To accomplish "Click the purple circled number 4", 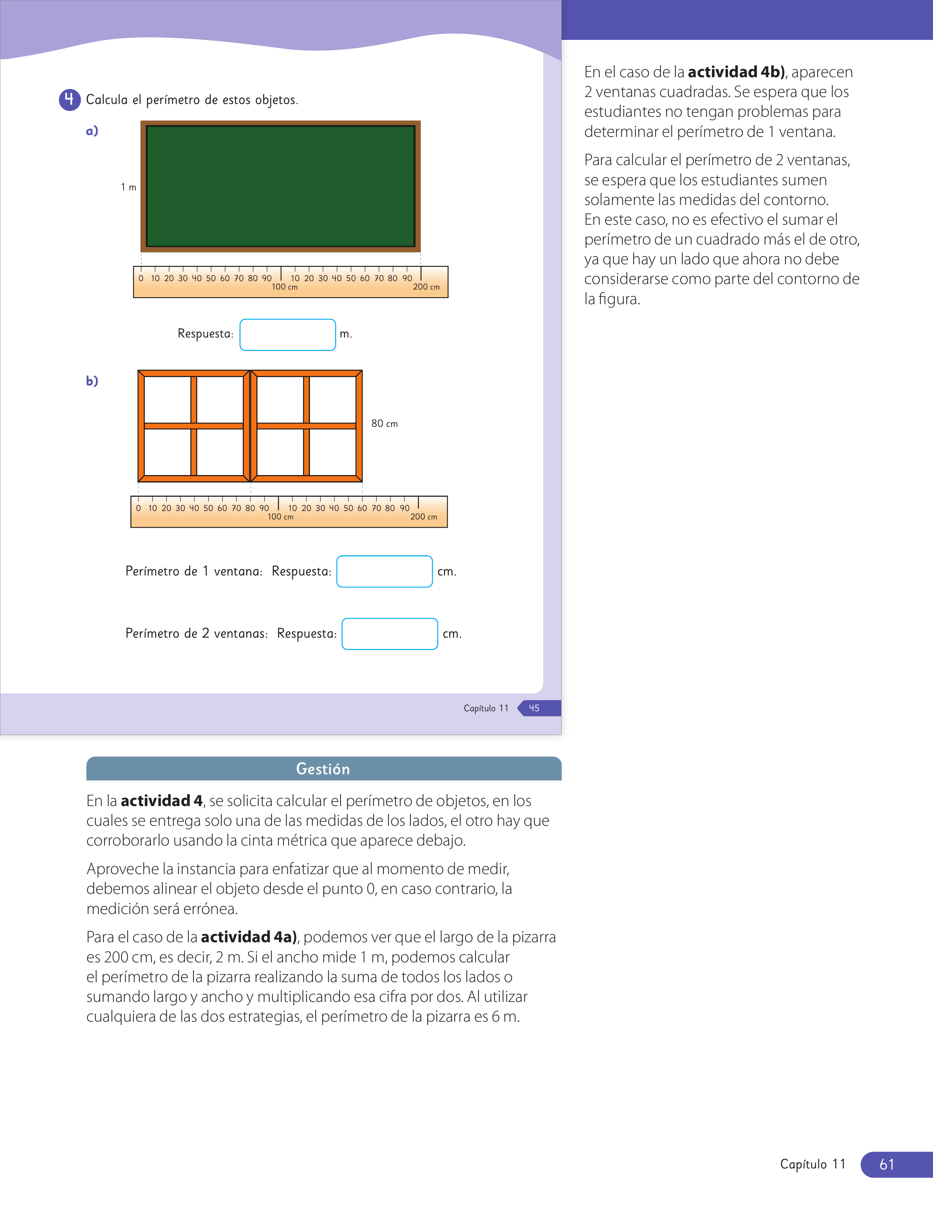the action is click(x=70, y=100).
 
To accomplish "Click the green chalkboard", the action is click(x=281, y=186).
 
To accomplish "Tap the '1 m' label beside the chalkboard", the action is click(x=128, y=187).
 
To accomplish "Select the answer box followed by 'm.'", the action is click(x=288, y=335).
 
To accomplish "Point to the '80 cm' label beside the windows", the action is click(x=385, y=424).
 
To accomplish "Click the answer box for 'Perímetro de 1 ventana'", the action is click(x=385, y=571).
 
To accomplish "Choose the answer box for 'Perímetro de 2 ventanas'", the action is click(x=390, y=634).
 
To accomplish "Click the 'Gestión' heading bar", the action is click(x=324, y=769).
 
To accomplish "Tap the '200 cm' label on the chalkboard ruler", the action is click(x=426, y=287).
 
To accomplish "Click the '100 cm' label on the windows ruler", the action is click(x=280, y=517).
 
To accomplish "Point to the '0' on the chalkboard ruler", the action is click(x=141, y=278).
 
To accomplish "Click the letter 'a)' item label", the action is click(x=92, y=131).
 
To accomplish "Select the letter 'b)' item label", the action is click(x=92, y=381).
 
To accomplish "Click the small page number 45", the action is click(x=534, y=708).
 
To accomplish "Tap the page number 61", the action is click(x=887, y=1164).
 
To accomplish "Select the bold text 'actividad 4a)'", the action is click(x=249, y=937).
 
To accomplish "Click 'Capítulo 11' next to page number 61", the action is click(x=813, y=1164).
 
